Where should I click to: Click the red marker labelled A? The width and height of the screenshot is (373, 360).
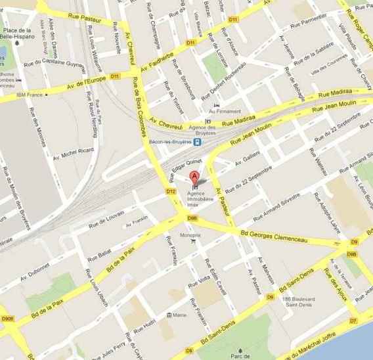click(x=194, y=177)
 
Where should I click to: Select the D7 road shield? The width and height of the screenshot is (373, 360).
click(x=353, y=321)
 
